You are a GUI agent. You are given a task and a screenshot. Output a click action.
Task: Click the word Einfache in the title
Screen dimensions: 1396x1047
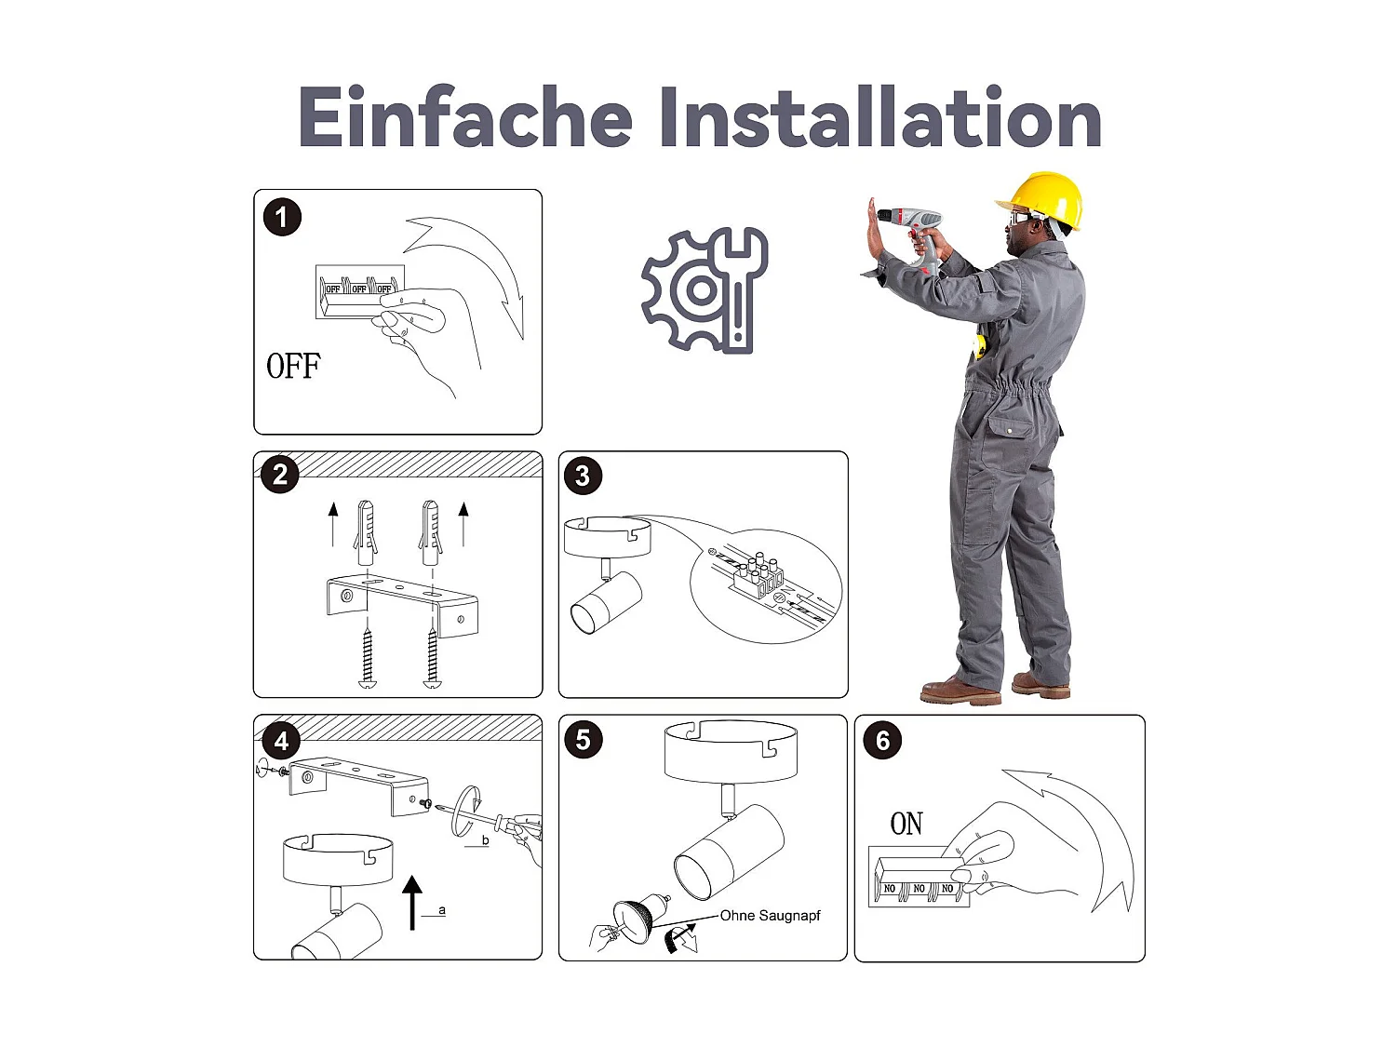point(465,116)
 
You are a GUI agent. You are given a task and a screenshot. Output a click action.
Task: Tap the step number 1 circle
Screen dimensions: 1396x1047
point(282,218)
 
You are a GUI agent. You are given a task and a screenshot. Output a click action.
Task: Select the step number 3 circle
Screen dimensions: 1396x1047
point(583,476)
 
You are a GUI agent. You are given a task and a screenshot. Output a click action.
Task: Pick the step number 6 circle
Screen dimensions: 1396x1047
point(882,740)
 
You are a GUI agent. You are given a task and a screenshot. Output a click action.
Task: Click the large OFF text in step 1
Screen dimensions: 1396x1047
point(293,366)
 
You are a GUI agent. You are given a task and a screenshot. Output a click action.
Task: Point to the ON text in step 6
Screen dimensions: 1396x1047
point(906,824)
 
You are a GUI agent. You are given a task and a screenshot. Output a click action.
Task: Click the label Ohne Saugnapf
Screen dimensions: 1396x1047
point(770,916)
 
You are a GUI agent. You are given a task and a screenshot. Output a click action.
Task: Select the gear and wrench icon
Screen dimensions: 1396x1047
point(705,289)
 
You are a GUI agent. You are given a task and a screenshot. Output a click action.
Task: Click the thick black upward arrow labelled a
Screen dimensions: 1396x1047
point(412,903)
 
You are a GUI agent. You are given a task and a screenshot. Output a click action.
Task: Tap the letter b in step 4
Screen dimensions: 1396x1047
point(485,840)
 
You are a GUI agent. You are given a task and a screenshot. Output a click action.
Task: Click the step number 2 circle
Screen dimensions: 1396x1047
point(280,475)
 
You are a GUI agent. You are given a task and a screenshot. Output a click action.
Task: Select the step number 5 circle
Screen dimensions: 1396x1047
point(583,740)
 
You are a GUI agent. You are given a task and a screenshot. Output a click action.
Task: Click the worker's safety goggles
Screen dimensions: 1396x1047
point(1023,217)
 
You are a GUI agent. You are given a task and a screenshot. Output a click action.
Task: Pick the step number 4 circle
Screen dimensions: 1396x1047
point(280,741)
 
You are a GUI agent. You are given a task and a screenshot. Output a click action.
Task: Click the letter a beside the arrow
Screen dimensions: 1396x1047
point(442,911)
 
